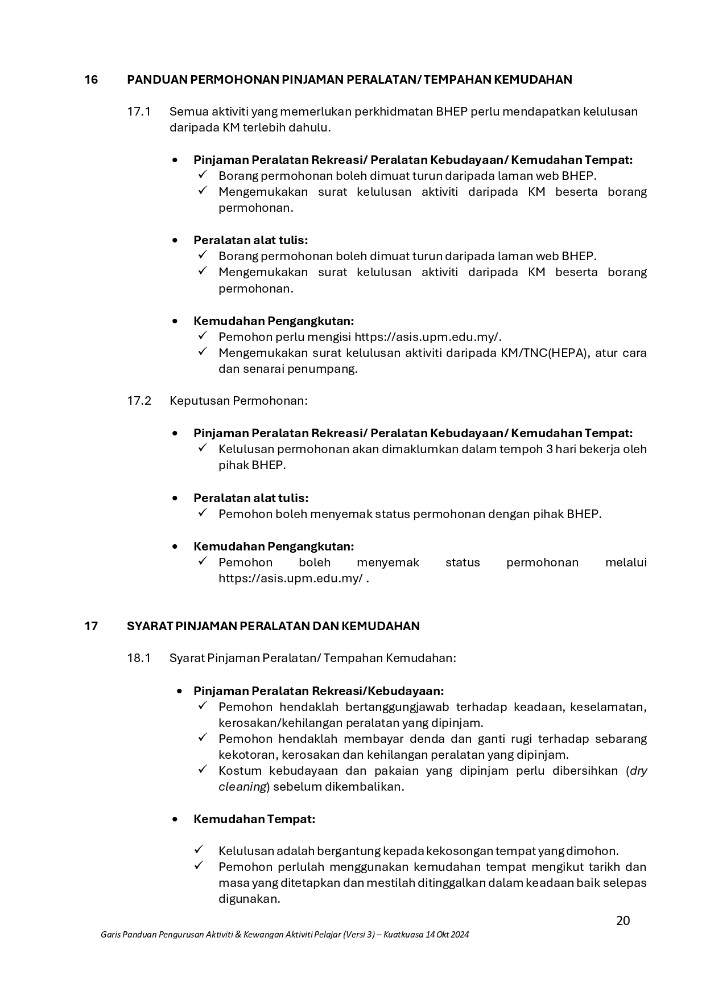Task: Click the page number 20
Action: (x=623, y=920)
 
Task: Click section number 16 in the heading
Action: (x=91, y=80)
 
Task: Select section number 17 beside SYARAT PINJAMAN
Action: (x=91, y=626)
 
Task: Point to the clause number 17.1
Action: (x=139, y=112)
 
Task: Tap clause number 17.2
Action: (x=139, y=401)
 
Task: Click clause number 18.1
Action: (x=139, y=658)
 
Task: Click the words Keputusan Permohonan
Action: (x=238, y=401)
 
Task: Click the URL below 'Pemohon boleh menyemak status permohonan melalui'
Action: (x=291, y=578)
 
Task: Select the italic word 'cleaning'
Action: (x=243, y=787)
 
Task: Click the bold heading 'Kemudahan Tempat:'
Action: (x=254, y=819)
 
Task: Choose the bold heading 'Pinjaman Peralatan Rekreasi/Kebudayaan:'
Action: (x=319, y=691)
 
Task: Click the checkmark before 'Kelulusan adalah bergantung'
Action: (x=199, y=850)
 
